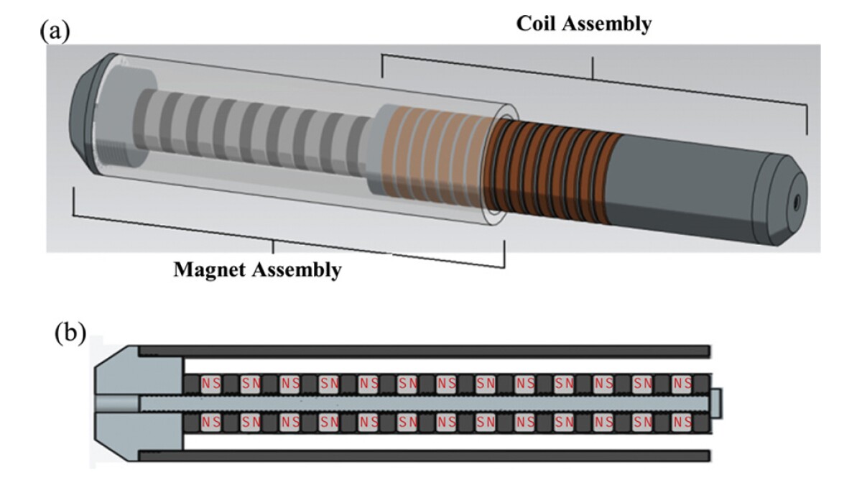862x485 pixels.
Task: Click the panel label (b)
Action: coord(70,333)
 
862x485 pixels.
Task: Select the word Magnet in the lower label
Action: coord(209,270)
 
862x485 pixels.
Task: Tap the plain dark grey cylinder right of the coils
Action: coord(690,180)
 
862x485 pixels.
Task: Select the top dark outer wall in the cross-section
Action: coord(424,351)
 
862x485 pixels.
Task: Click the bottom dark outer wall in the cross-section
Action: coord(424,456)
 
